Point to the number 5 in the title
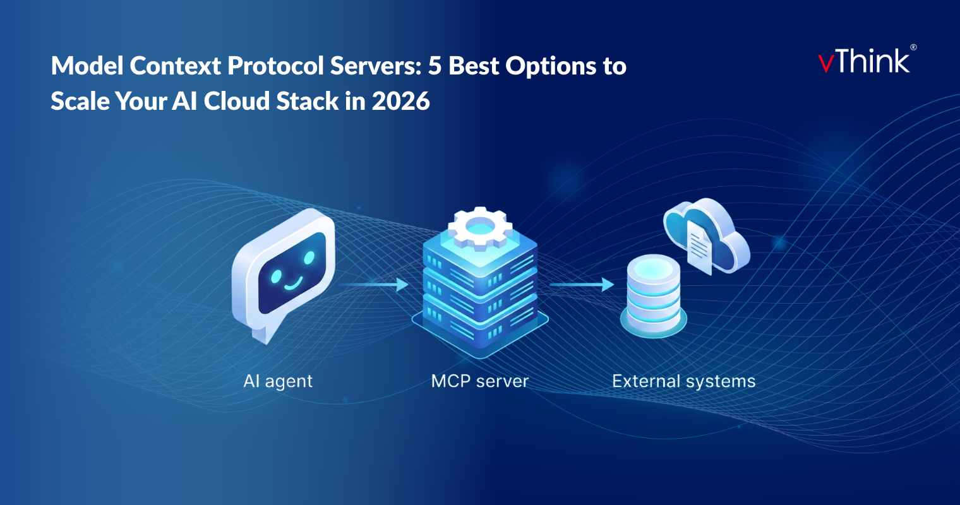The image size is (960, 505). pyautogui.click(x=435, y=66)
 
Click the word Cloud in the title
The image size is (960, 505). pyautogui.click(x=236, y=101)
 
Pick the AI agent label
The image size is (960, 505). pyautogui.click(x=278, y=381)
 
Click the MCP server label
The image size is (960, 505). pyautogui.click(x=479, y=381)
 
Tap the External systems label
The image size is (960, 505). pyautogui.click(x=683, y=381)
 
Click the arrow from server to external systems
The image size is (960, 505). pyautogui.click(x=581, y=285)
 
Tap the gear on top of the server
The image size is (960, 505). pyautogui.click(x=480, y=227)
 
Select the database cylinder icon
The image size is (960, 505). pyautogui.click(x=653, y=294)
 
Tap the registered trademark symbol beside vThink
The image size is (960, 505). pyautogui.click(x=913, y=47)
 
